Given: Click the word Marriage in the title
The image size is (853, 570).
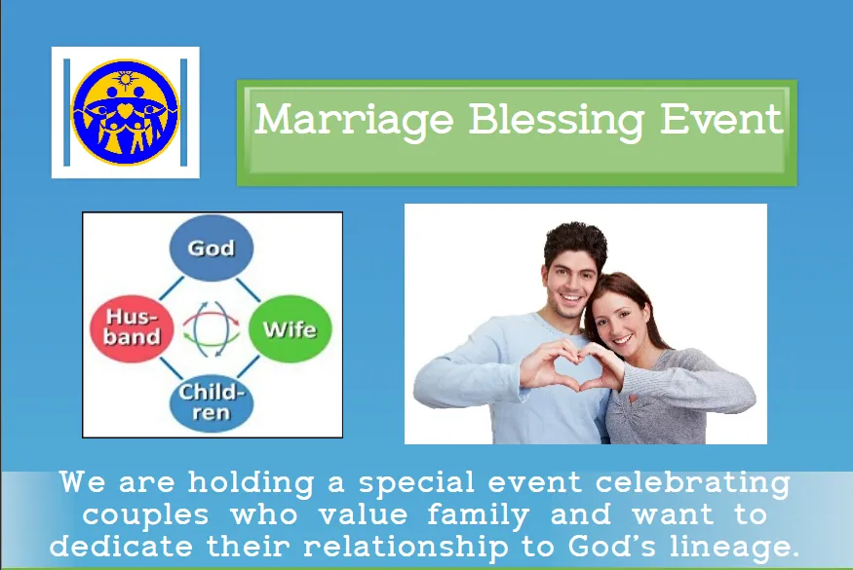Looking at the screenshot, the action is [x=354, y=120].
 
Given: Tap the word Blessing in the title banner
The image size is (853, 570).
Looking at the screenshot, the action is [x=556, y=120].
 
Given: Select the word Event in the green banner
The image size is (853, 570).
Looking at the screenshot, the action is [x=721, y=119].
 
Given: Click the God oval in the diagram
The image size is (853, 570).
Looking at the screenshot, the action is [x=212, y=247].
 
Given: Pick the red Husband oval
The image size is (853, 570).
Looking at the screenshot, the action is [x=132, y=328].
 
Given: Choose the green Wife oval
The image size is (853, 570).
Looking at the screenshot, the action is [x=290, y=328].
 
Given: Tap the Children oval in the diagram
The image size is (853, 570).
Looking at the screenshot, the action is [x=212, y=402].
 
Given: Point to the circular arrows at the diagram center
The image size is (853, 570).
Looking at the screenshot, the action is [x=212, y=328].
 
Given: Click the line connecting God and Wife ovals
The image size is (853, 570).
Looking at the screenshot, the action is [x=248, y=290].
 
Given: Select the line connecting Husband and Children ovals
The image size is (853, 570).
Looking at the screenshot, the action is [x=172, y=368].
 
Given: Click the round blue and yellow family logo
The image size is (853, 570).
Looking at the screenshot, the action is [x=125, y=112].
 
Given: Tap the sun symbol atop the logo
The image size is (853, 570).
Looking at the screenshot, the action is [x=126, y=80].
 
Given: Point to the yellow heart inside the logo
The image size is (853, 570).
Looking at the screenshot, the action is [x=125, y=111].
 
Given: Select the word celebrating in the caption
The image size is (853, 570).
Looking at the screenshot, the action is [x=693, y=482].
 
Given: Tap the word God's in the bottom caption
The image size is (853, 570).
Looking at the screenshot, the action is [x=612, y=546].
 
